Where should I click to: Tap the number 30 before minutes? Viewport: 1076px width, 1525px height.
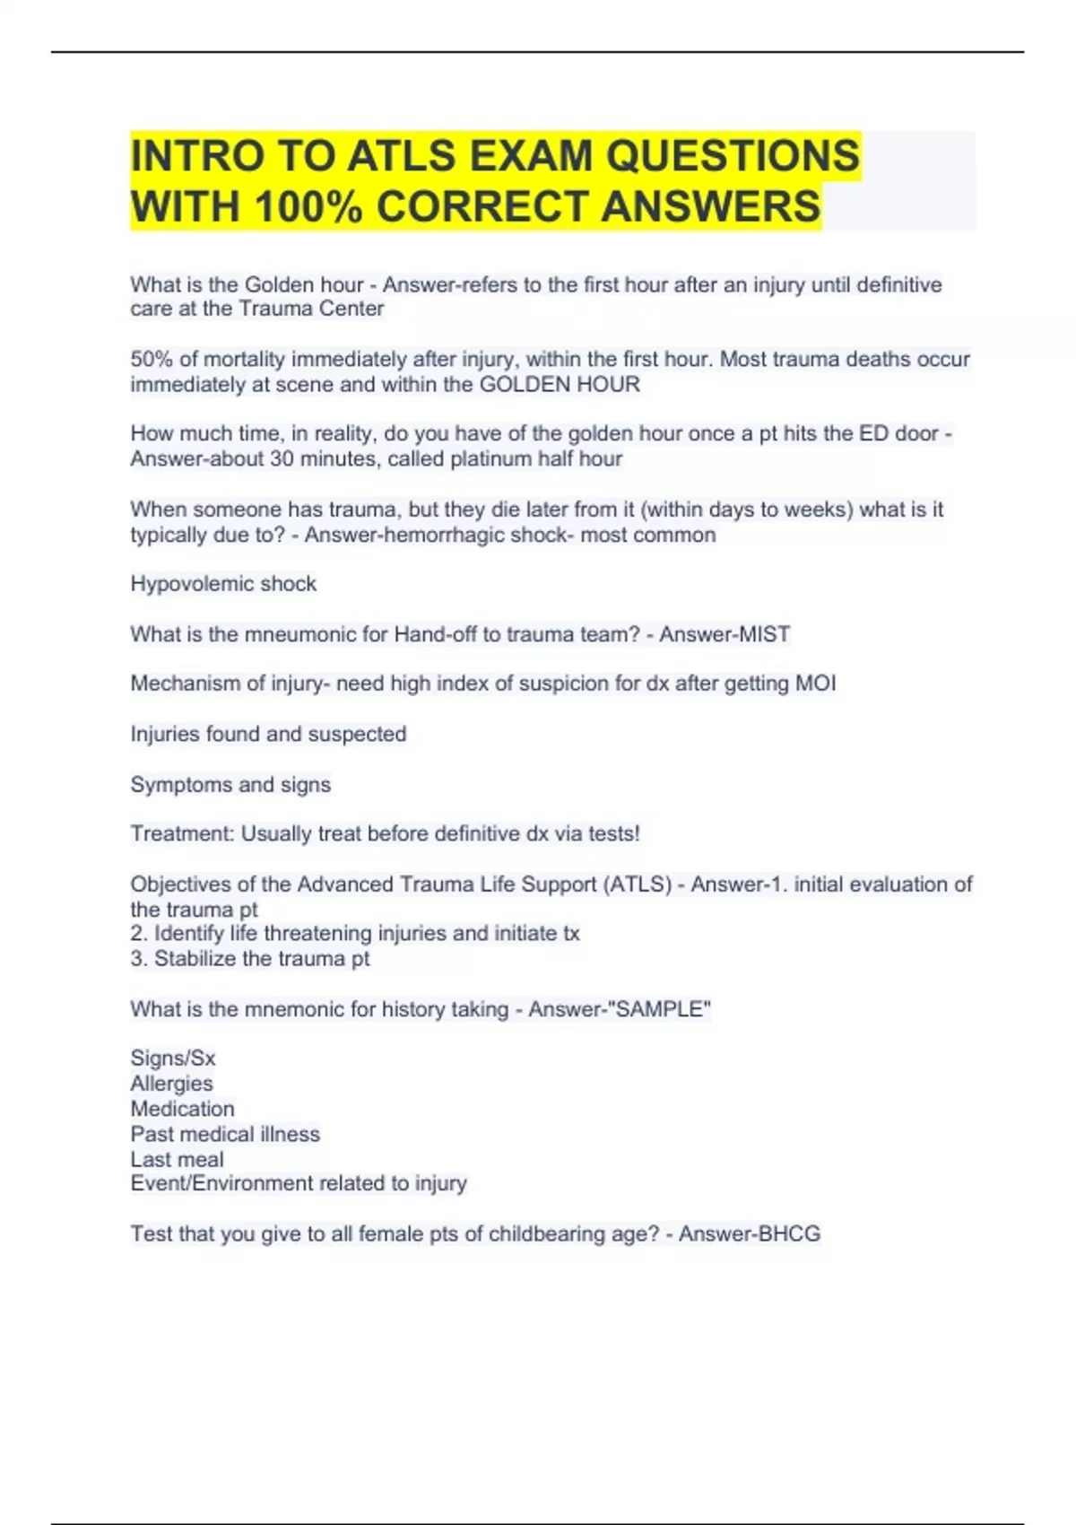(x=282, y=459)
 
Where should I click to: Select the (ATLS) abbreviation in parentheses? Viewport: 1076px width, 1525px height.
(x=638, y=884)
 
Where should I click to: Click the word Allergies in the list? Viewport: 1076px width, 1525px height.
(x=172, y=1084)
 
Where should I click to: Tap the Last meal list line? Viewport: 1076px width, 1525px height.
(x=177, y=1159)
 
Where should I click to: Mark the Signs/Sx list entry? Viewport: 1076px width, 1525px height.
(x=173, y=1059)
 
